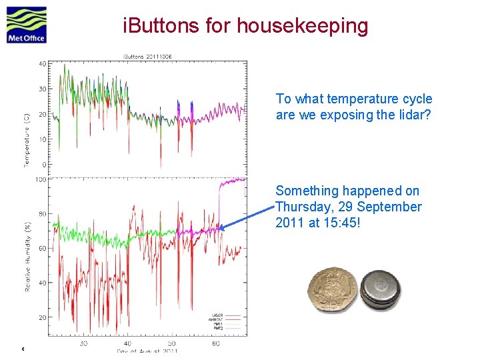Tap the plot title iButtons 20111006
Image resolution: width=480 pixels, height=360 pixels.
click(x=147, y=56)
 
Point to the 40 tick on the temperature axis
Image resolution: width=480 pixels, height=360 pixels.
click(x=42, y=64)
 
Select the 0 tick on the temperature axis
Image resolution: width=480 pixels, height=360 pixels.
click(x=44, y=165)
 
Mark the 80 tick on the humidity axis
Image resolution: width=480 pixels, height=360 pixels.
click(x=42, y=214)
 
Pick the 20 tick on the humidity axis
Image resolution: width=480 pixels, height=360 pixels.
click(x=42, y=318)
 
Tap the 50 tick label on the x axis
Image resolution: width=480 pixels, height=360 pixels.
click(x=172, y=343)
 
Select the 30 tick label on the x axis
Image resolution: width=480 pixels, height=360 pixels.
click(x=83, y=343)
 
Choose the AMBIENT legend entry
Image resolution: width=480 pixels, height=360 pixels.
click(x=217, y=320)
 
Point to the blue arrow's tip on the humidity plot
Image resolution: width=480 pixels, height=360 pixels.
click(x=219, y=228)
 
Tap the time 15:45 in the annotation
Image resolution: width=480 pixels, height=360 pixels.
click(x=341, y=223)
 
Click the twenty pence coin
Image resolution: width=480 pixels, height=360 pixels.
click(x=331, y=290)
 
